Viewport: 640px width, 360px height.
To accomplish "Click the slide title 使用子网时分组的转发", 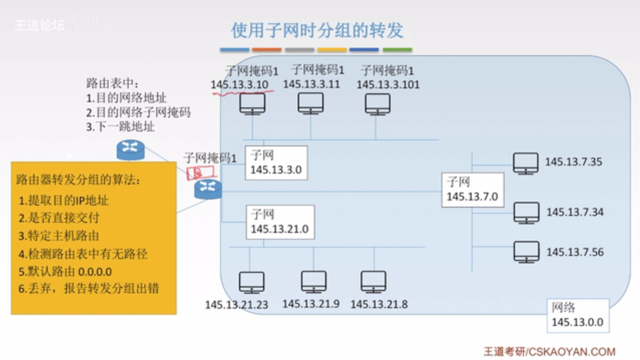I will (x=317, y=30).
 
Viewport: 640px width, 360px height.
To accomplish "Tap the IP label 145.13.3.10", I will (x=240, y=85).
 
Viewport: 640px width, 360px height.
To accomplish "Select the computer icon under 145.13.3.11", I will (x=310, y=104).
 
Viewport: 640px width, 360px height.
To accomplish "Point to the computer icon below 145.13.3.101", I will (x=377, y=104).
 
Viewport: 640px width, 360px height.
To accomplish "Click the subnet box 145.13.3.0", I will (x=276, y=163).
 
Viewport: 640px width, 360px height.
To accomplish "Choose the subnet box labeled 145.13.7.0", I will (x=473, y=190).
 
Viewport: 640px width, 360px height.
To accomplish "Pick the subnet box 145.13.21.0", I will (x=280, y=222).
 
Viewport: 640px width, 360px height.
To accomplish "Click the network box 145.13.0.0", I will (x=578, y=315).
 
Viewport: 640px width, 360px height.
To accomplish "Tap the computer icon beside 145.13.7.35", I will (x=525, y=163).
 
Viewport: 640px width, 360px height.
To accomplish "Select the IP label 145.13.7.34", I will (x=574, y=212).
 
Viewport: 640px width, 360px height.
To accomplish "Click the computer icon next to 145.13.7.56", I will (x=526, y=252).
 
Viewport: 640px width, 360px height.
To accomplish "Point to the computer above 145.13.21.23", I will (x=251, y=282).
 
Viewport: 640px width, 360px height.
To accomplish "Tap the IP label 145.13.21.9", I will (x=311, y=304).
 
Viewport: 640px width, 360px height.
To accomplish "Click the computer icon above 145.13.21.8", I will (x=373, y=282).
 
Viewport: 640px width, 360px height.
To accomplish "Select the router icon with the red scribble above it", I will (x=208, y=189).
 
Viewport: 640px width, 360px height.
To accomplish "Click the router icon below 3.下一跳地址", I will (x=130, y=150).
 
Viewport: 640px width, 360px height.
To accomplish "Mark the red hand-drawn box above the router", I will (x=200, y=173).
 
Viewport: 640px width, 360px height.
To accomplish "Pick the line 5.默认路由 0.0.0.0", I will (x=65, y=272).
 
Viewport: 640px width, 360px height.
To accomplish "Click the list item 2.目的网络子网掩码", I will (x=138, y=112).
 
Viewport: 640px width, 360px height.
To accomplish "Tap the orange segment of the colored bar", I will (x=267, y=50).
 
